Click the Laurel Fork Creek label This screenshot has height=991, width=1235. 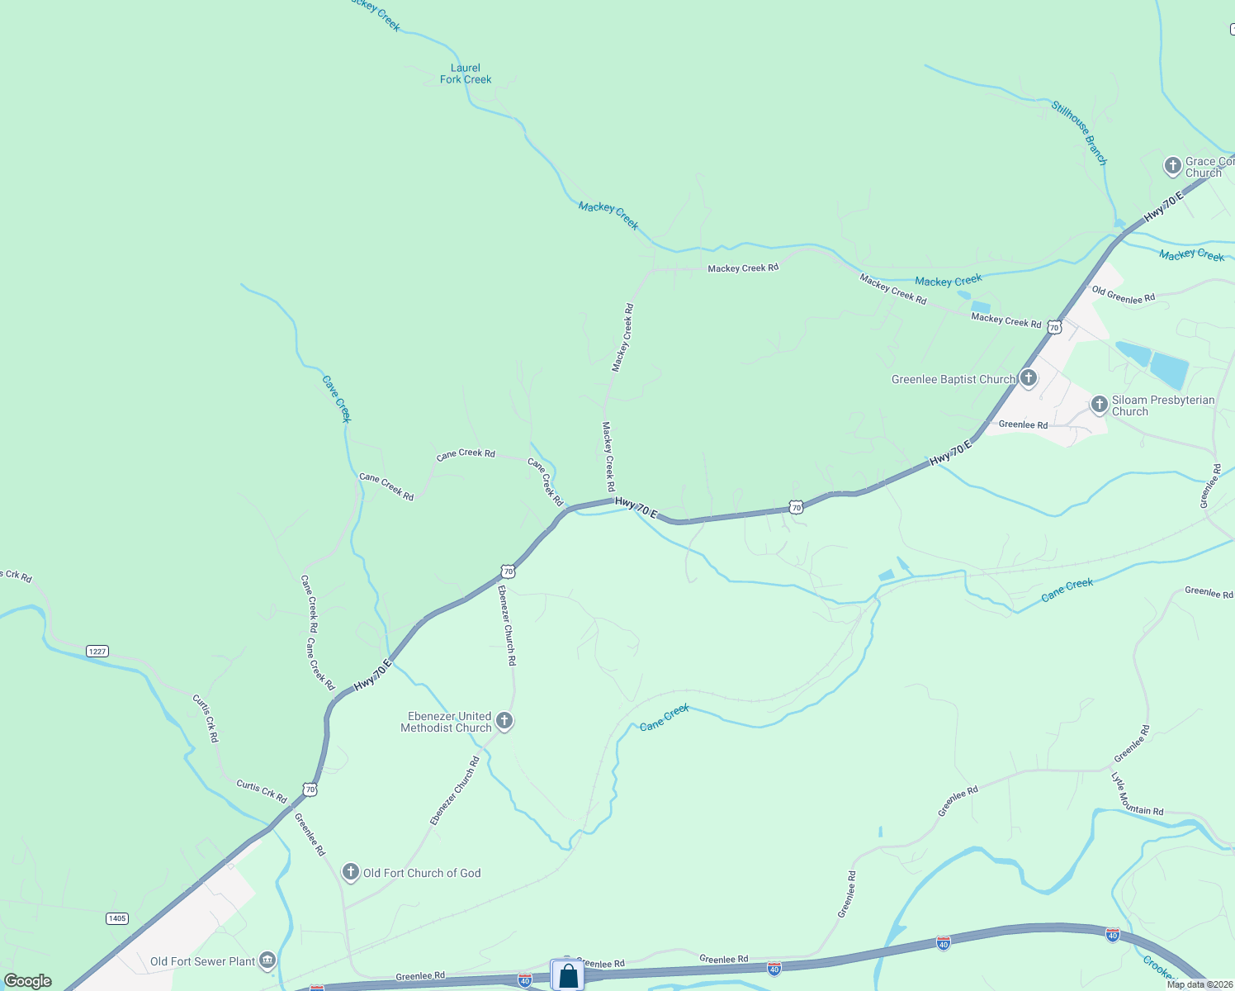pos(466,73)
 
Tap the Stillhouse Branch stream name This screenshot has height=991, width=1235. pos(1078,132)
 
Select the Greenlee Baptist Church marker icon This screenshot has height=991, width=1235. pos(1028,378)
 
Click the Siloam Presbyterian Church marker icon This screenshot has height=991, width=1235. pos(1099,404)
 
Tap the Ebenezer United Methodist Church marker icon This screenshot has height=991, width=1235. pos(504,720)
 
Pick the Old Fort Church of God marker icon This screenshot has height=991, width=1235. pos(351,872)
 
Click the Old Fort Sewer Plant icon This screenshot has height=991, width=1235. pos(267,960)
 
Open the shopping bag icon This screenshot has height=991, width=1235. pos(568,975)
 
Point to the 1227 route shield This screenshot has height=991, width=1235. pos(97,652)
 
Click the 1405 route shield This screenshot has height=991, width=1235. pos(117,918)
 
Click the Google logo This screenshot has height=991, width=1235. pos(28,981)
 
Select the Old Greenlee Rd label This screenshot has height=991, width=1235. pos(1123,295)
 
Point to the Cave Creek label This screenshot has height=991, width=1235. pos(337,399)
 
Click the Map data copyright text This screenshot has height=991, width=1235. pos(1200,984)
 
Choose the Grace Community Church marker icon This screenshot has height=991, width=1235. pos(1172,166)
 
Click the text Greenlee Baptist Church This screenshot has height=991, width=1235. pos(953,380)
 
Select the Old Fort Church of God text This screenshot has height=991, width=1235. pos(422,873)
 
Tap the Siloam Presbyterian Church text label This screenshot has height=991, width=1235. pos(1163,405)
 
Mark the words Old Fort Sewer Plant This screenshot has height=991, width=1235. pos(203,961)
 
